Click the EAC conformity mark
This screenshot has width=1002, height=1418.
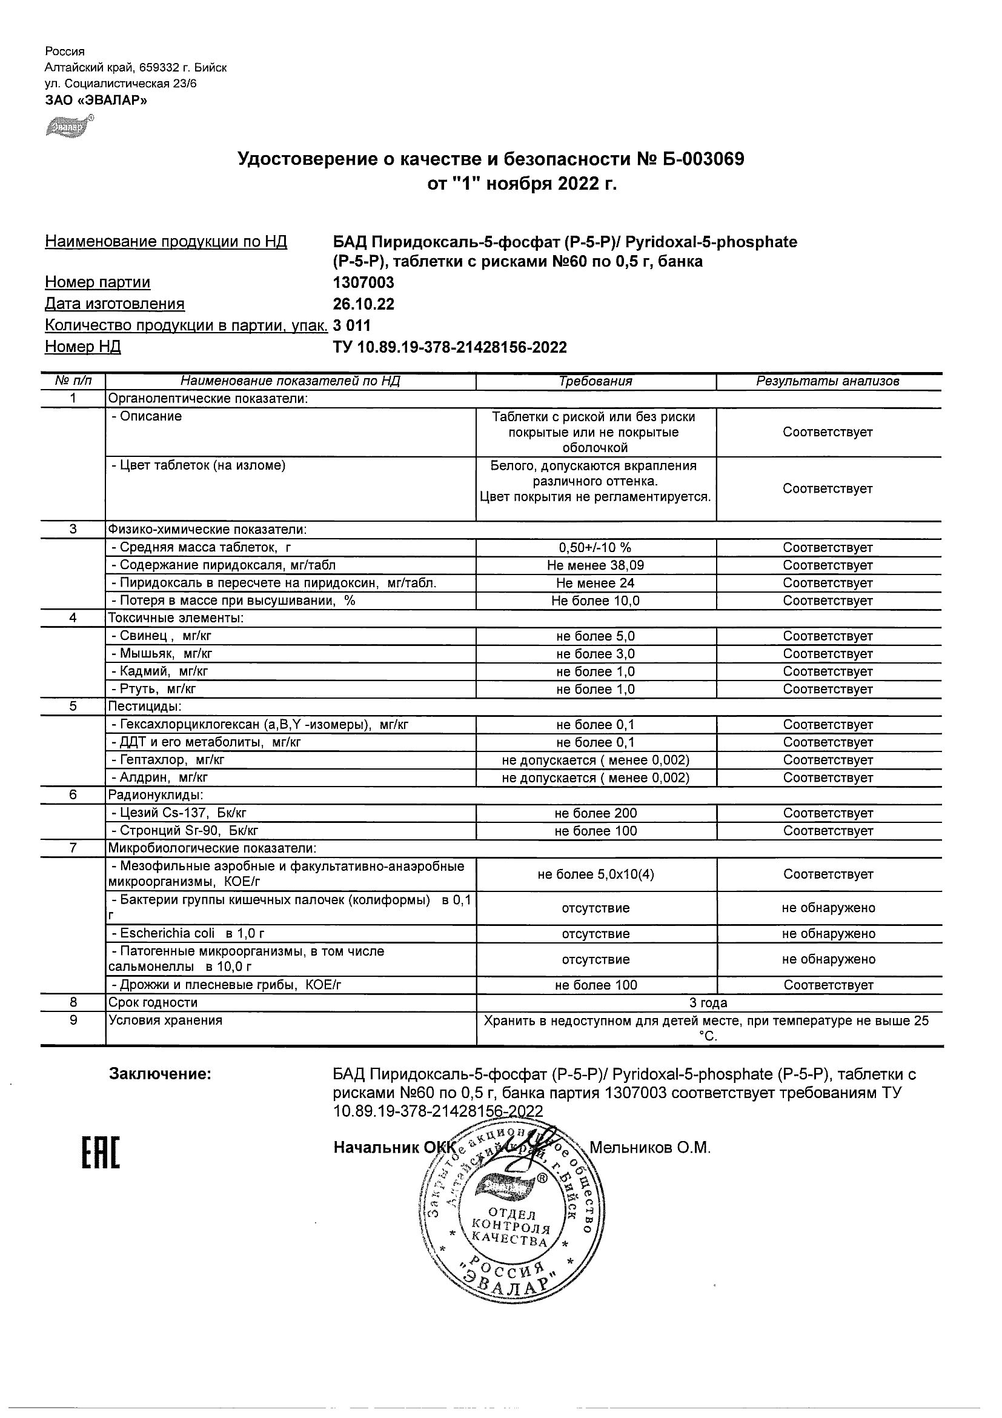tap(101, 1153)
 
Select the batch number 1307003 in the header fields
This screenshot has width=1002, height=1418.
tap(363, 282)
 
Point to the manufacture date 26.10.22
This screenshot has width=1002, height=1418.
tap(363, 304)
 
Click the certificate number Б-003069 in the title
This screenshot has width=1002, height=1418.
tap(703, 159)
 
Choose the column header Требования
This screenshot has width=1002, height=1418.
tap(595, 381)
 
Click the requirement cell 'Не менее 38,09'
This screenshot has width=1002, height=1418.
tap(595, 565)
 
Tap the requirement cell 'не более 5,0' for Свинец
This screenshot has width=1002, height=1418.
tap(595, 636)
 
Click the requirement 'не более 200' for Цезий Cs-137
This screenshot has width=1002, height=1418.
tap(595, 813)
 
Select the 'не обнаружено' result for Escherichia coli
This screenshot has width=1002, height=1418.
tap(828, 933)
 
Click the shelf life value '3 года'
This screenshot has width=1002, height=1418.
tap(708, 1002)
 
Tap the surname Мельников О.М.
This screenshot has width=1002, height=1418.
tap(650, 1148)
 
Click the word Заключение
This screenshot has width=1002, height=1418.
tap(160, 1074)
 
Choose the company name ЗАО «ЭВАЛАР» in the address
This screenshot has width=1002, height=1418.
tap(96, 100)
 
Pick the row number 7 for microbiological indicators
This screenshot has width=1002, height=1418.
tap(73, 848)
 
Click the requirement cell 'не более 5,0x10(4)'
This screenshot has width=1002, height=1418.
tap(595, 874)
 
